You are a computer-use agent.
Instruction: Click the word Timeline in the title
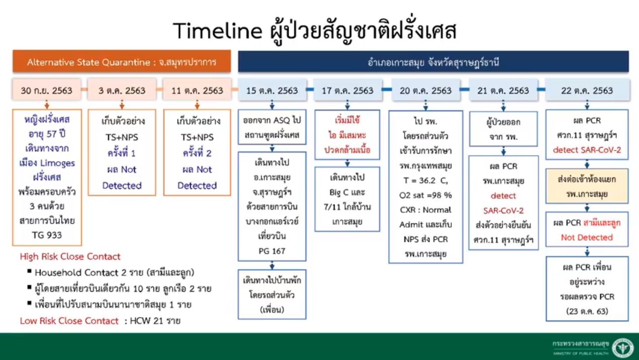[217, 31]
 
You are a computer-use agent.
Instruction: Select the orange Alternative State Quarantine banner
[122, 61]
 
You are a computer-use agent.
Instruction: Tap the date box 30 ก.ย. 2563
[47, 90]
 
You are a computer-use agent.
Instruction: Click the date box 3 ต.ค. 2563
[122, 90]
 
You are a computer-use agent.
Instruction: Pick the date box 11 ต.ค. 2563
[197, 90]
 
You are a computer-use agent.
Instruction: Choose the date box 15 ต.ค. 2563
[272, 90]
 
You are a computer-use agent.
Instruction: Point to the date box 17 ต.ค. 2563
[347, 90]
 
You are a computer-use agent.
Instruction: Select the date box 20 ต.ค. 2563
[426, 90]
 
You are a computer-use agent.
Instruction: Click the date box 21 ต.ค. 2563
[503, 90]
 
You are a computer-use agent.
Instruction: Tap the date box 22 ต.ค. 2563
[587, 90]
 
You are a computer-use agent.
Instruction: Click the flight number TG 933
[47, 235]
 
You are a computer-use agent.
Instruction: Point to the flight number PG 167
[272, 251]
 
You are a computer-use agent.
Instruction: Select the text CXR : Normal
[426, 210]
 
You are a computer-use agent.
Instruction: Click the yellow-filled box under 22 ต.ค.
[587, 186]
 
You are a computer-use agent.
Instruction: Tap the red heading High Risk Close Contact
[70, 256]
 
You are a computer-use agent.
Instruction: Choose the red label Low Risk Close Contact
[69, 321]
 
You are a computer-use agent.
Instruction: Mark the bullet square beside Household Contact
[29, 271]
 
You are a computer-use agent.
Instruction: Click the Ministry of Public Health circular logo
[623, 347]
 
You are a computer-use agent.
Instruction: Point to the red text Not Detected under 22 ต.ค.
[587, 237]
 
